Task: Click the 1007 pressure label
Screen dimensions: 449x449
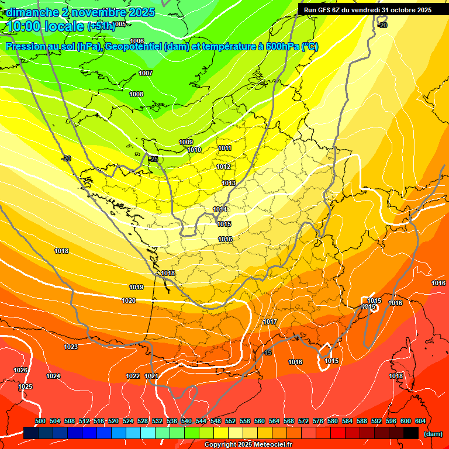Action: tap(146, 73)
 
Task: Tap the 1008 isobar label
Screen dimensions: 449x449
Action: tap(136, 94)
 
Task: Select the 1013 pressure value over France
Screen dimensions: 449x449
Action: tap(229, 184)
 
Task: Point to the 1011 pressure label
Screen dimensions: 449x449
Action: tap(224, 148)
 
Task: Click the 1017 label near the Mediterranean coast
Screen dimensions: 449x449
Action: tap(270, 322)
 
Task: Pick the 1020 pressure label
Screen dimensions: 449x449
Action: tap(129, 301)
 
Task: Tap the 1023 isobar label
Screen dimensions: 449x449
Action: tap(71, 347)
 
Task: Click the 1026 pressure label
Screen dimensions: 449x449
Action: tap(20, 370)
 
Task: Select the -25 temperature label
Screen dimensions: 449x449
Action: tap(153, 159)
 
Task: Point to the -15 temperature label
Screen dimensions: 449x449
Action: tap(267, 353)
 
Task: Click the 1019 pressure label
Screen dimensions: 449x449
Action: tap(136, 287)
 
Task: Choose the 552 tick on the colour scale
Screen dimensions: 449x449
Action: tap(230, 421)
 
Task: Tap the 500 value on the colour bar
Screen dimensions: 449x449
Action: tap(40, 421)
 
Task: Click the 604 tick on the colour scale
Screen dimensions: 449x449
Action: tap(420, 421)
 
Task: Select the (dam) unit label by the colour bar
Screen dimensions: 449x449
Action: tap(433, 434)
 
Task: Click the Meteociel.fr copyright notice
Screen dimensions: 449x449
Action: tap(248, 445)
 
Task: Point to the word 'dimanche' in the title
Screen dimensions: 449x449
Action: tap(32, 12)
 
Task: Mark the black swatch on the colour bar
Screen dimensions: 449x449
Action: tap(411, 433)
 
